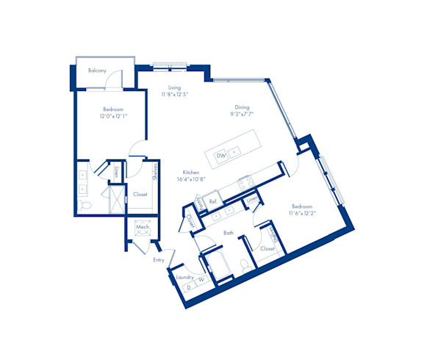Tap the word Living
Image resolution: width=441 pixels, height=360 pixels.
pyautogui.click(x=174, y=87)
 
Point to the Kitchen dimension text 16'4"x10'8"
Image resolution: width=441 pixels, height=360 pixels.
pyautogui.click(x=190, y=179)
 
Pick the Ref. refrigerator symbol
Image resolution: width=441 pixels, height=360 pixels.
pyautogui.click(x=212, y=201)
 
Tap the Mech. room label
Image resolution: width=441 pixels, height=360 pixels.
pyautogui.click(x=143, y=228)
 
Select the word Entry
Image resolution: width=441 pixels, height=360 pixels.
pyautogui.click(x=159, y=260)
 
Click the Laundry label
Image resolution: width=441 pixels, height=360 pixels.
pyautogui.click(x=184, y=277)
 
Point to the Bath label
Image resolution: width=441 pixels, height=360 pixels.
pyautogui.click(x=229, y=233)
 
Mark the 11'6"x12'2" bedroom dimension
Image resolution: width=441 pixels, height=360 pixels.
pyautogui.click(x=303, y=213)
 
